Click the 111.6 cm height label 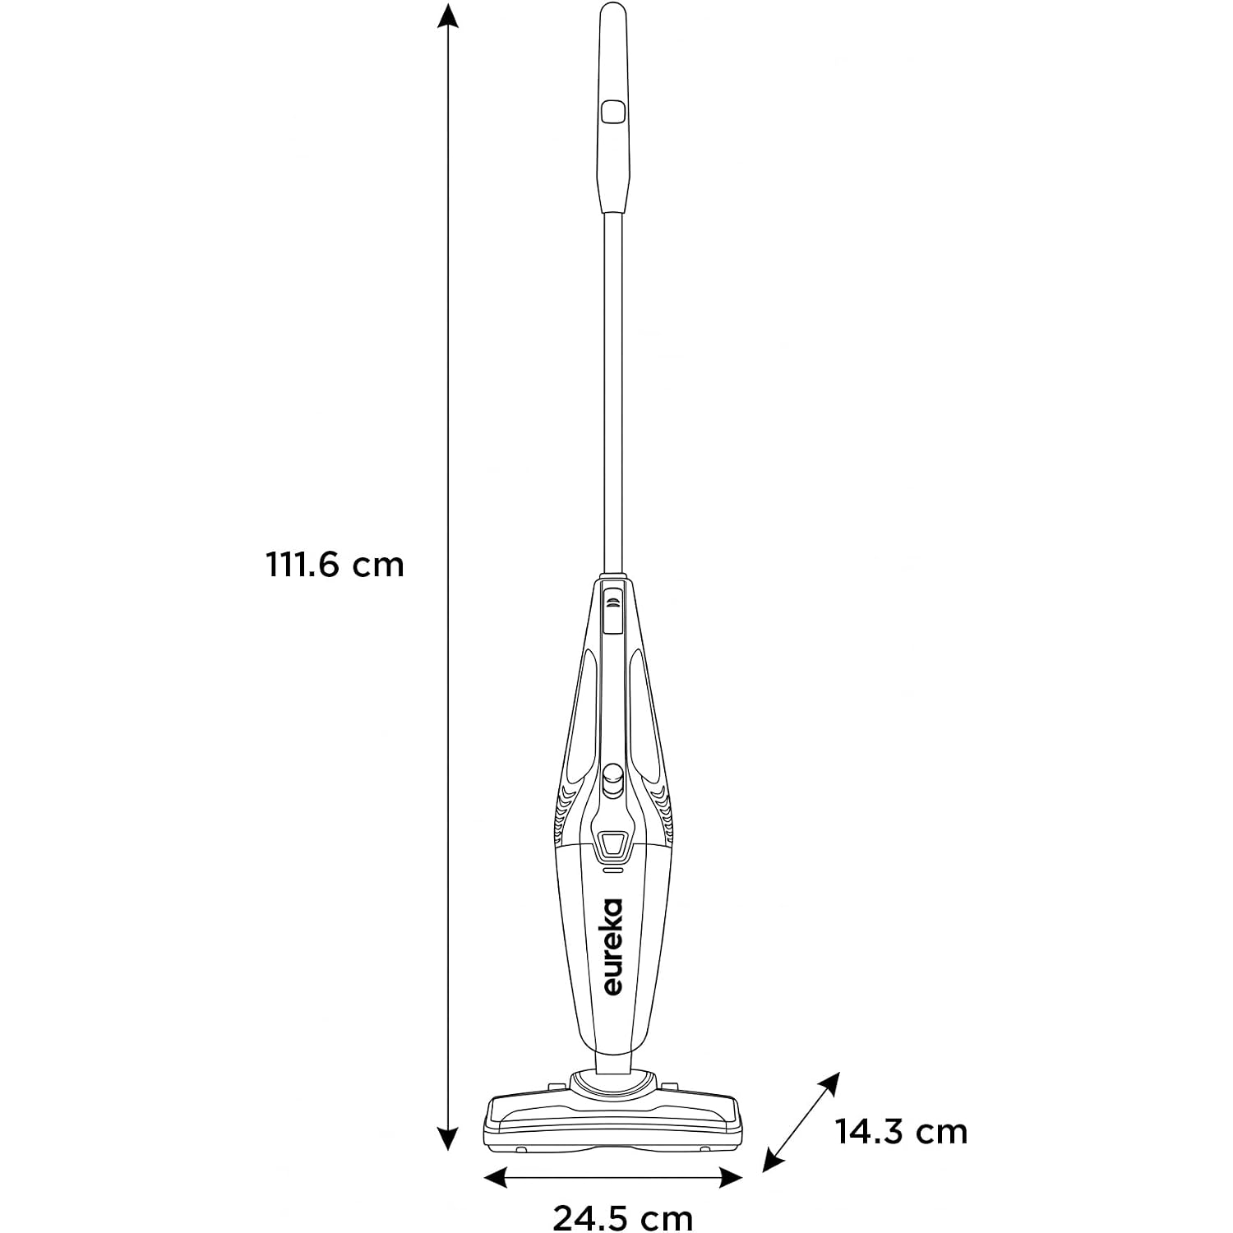click(x=335, y=565)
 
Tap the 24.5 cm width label click(x=622, y=1217)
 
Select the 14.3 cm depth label click(x=902, y=1132)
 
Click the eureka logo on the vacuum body click(x=612, y=946)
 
